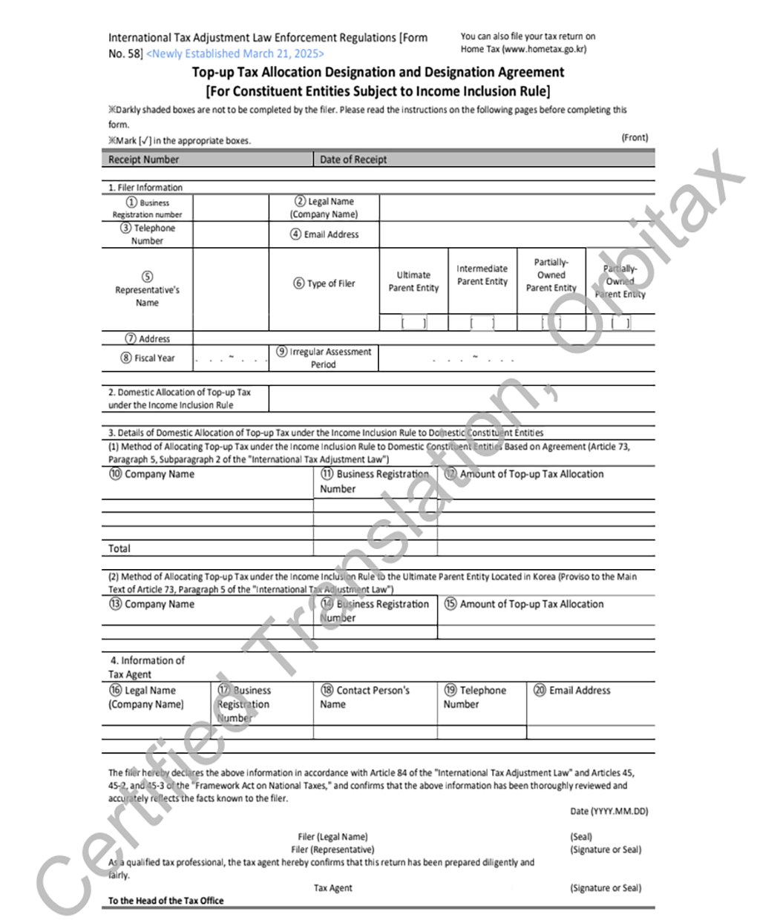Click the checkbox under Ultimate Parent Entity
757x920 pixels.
tap(413, 323)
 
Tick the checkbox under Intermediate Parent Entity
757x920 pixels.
tap(482, 323)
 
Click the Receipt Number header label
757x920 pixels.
tap(143, 160)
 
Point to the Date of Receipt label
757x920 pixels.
tap(353, 160)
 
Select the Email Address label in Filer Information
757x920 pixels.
tap(324, 234)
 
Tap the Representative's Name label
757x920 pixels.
tap(147, 296)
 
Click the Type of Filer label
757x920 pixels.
tap(324, 283)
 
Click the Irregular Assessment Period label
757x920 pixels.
tap(324, 358)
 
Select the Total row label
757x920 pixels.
tap(119, 549)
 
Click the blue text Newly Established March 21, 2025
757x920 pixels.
tap(235, 53)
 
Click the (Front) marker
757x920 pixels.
tap(635, 137)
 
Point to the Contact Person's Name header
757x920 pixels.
tap(365, 697)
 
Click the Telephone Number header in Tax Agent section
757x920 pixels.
tap(475, 697)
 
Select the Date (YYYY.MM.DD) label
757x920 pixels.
tap(609, 811)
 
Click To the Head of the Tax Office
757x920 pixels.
tap(166, 901)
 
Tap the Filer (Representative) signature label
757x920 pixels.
tap(332, 850)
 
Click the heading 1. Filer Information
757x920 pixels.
tap(145, 188)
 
